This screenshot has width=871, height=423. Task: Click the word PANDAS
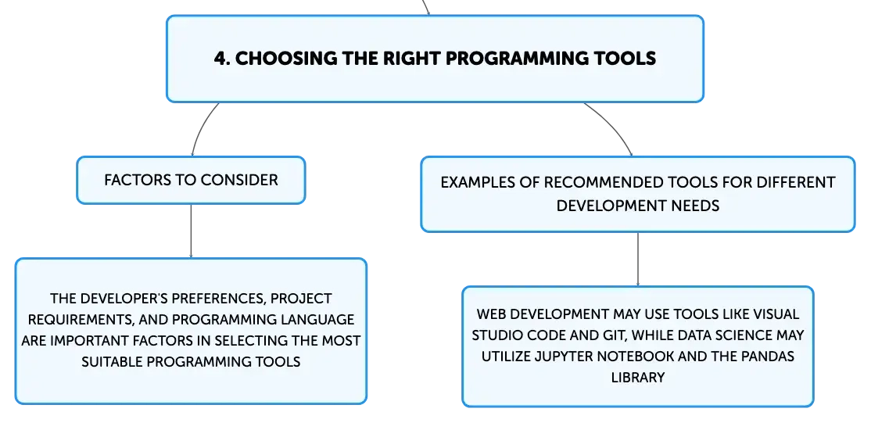(x=769, y=357)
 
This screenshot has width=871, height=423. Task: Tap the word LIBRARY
(x=638, y=378)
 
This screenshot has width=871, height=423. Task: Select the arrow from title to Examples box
(x=613, y=125)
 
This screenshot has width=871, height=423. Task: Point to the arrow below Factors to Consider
(x=191, y=231)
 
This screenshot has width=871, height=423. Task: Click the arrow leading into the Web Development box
(x=638, y=260)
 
